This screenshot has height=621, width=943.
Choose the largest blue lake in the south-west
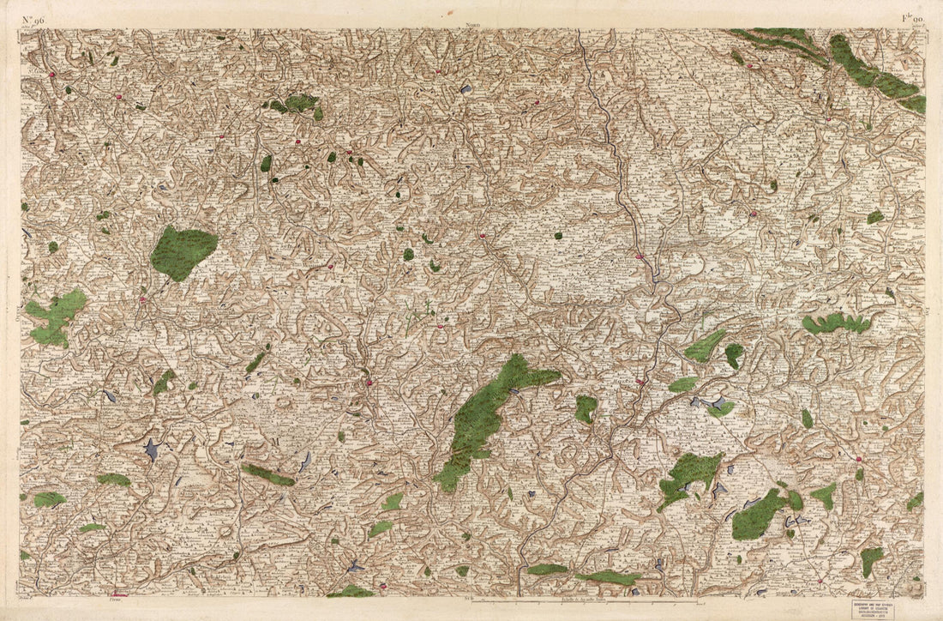click(x=152, y=449)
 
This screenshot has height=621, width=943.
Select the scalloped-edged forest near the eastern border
click(x=836, y=323)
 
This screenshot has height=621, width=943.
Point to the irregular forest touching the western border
click(x=57, y=315)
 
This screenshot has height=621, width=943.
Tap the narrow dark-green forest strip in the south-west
click(x=267, y=474)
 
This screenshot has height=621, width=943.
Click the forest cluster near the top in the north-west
click(x=296, y=104)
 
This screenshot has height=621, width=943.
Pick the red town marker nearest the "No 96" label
click(x=52, y=75)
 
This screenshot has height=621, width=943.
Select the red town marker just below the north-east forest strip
click(x=749, y=66)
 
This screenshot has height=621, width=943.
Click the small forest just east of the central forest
click(x=586, y=408)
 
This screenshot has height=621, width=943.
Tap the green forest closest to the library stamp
click(x=871, y=560)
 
